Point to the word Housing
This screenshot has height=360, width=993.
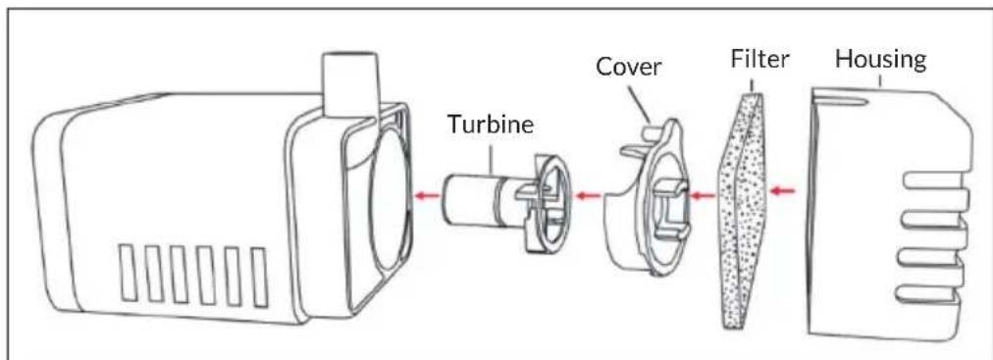pos(880,58)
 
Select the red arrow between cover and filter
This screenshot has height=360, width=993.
pos(699,194)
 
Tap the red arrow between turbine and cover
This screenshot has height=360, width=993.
pos(587,195)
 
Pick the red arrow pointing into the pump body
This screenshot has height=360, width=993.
pos(426,196)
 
